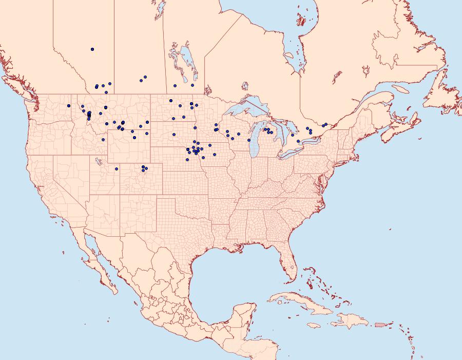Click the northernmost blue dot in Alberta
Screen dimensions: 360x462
pyautogui.click(x=92, y=49)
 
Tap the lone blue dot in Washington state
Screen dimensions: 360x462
pyautogui.click(x=68, y=106)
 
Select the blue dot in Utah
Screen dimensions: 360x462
pyautogui.click(x=117, y=168)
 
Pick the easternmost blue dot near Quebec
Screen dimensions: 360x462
pyautogui.click(x=325, y=124)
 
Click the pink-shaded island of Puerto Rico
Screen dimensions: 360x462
pyautogui.click(x=380, y=324)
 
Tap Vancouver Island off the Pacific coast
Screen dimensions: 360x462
pyautogui.click(x=21, y=88)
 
